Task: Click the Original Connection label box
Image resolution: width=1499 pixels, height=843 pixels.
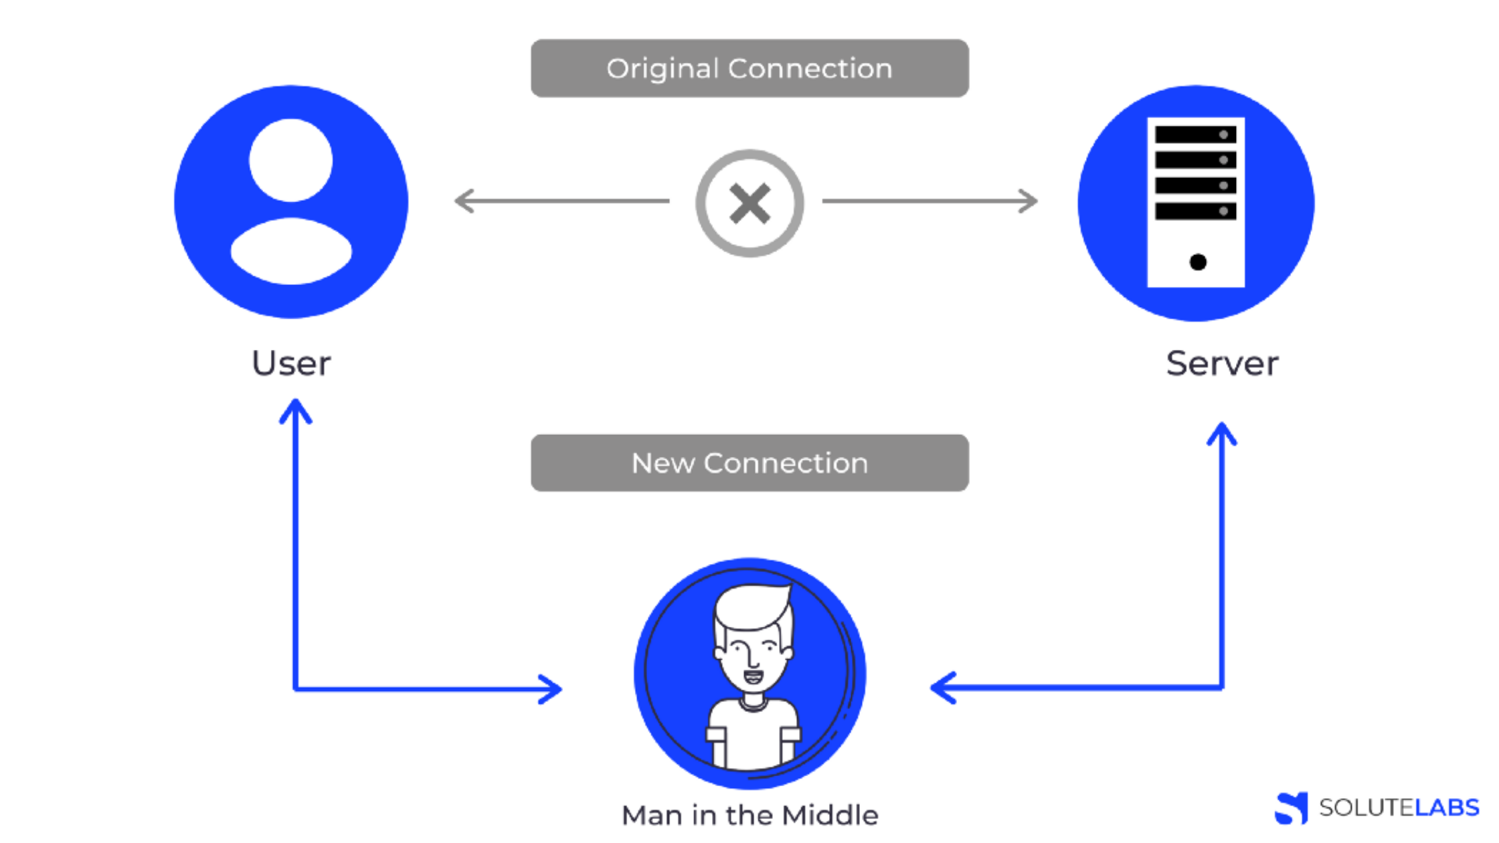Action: click(x=749, y=68)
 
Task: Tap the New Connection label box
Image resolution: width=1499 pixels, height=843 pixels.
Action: click(x=749, y=463)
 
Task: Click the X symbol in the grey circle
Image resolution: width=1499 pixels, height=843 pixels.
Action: click(x=749, y=203)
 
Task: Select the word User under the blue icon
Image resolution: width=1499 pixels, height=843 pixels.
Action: click(x=291, y=364)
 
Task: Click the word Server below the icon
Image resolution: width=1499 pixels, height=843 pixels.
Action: click(x=1222, y=364)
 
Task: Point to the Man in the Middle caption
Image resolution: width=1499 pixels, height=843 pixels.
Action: click(x=749, y=816)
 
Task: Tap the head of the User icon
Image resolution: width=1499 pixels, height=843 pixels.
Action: click(x=291, y=161)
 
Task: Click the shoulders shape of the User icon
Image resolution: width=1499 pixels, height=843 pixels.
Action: click(x=291, y=252)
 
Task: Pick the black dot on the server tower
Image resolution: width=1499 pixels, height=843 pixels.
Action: click(x=1198, y=262)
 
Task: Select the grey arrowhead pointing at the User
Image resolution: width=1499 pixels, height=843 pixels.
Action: click(x=464, y=201)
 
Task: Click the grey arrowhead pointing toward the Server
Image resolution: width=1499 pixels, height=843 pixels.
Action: click(x=1029, y=201)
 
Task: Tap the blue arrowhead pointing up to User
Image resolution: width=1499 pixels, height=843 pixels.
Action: click(x=295, y=409)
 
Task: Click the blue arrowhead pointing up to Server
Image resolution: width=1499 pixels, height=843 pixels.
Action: click(x=1222, y=433)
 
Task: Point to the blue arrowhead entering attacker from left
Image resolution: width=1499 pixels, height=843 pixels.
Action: click(x=551, y=689)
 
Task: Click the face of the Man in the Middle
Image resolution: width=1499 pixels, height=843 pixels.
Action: click(x=753, y=659)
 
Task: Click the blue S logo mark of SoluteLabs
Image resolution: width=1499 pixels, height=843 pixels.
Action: click(x=1292, y=808)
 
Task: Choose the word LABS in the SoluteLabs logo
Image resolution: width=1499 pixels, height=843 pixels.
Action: click(x=1447, y=808)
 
